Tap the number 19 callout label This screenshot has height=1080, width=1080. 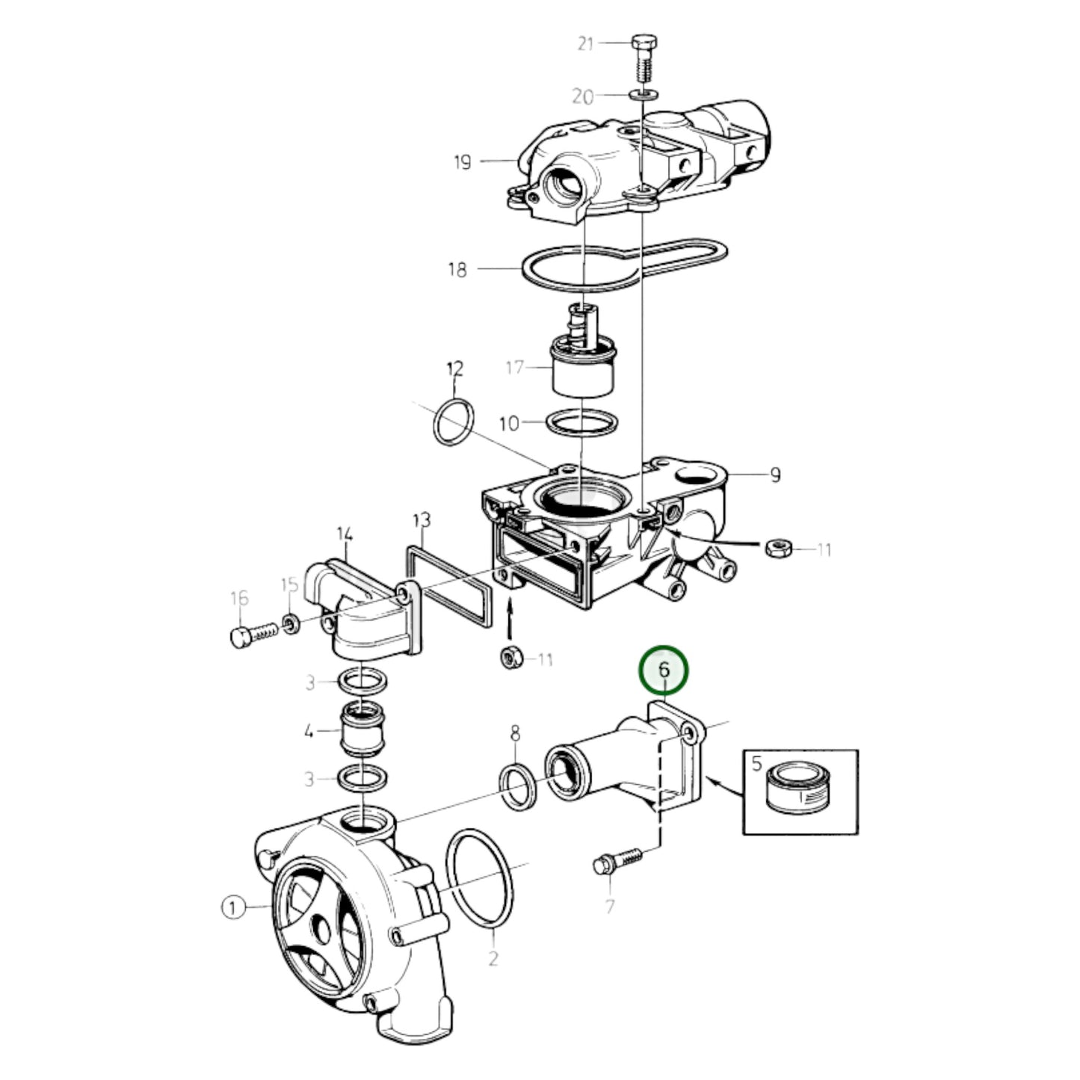pos(463,162)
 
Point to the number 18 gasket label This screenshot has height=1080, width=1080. pos(457,270)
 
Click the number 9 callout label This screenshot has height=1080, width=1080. pos(775,475)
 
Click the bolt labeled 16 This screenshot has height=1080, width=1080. pos(254,635)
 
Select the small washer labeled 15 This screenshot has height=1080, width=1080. pos(290,623)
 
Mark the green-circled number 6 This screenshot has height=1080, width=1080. pos(664,670)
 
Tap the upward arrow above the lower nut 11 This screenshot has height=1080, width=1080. pos(510,620)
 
